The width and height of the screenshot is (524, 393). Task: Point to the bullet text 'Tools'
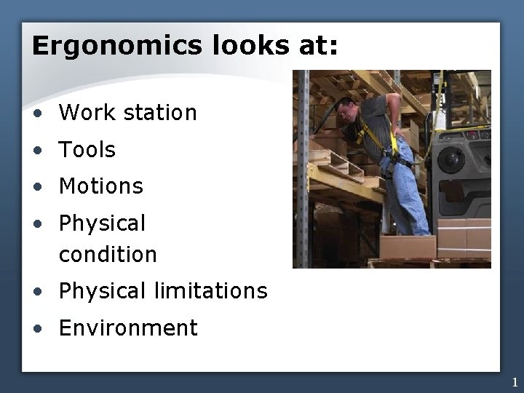pos(87,150)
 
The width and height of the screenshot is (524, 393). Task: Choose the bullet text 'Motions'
pos(101,186)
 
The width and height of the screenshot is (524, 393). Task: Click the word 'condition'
pos(108,254)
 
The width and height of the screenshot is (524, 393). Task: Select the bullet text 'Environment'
pos(128,328)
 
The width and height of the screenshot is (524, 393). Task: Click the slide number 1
pos(515,382)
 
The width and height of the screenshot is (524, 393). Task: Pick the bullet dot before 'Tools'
pos(36,151)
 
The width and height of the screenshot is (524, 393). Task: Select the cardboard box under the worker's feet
pos(408,247)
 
